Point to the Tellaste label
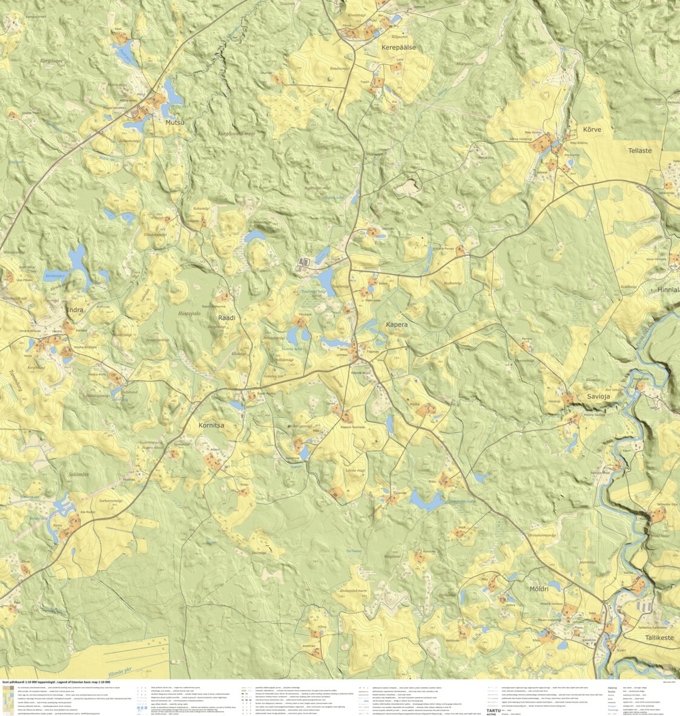coord(639,151)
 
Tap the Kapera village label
coord(397,325)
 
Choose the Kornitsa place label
coord(211,426)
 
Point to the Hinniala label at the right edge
coord(668,290)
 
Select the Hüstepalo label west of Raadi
coord(188,314)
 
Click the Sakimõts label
coord(79,475)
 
